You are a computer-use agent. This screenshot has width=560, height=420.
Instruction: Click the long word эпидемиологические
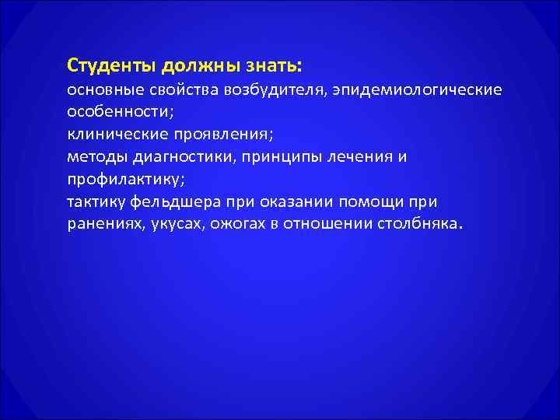[416, 92]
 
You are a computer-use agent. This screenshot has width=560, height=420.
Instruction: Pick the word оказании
[288, 202]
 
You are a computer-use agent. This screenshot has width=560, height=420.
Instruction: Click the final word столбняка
[422, 225]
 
